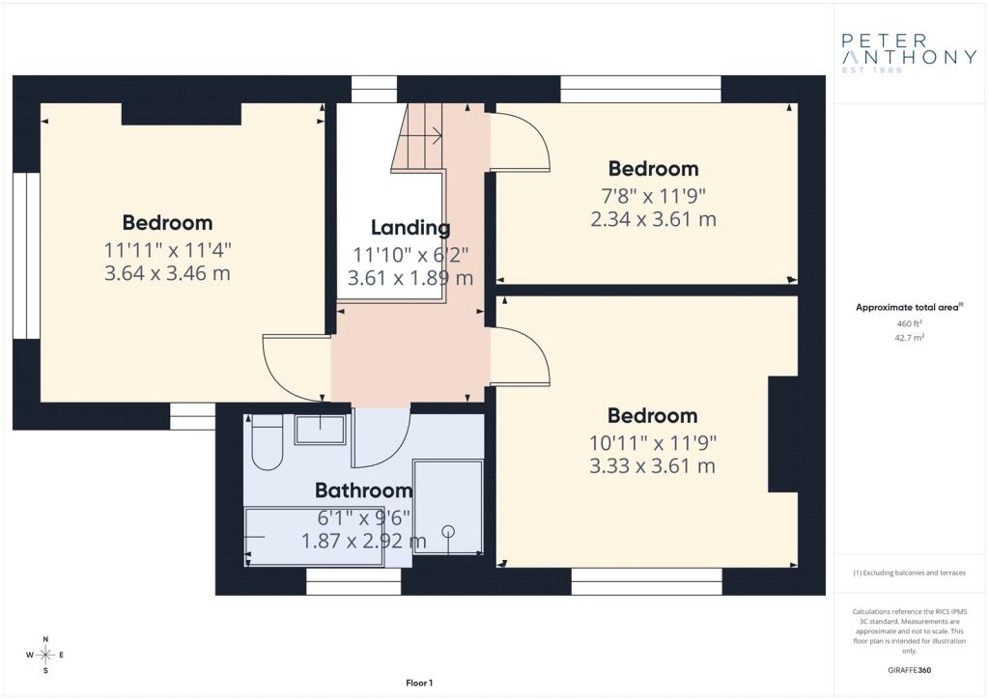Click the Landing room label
pos(410,228)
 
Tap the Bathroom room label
pos(364,490)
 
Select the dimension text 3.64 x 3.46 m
pos(167,273)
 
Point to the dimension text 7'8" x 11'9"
pos(653,196)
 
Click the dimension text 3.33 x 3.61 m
pos(653,466)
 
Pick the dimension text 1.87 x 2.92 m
pos(364,541)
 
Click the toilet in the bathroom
pos(268,442)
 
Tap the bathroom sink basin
pos(321,430)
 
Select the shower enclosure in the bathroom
pos(448,508)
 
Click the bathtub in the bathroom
pos(314,537)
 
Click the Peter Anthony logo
pos(909,53)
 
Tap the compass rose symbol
pos(45,655)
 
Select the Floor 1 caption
pos(419,683)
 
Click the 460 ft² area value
pos(909,323)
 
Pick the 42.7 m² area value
pos(909,337)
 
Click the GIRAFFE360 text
pos(909,670)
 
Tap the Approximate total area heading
pos(909,308)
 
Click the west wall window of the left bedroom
pos(26,255)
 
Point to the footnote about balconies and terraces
pos(909,573)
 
